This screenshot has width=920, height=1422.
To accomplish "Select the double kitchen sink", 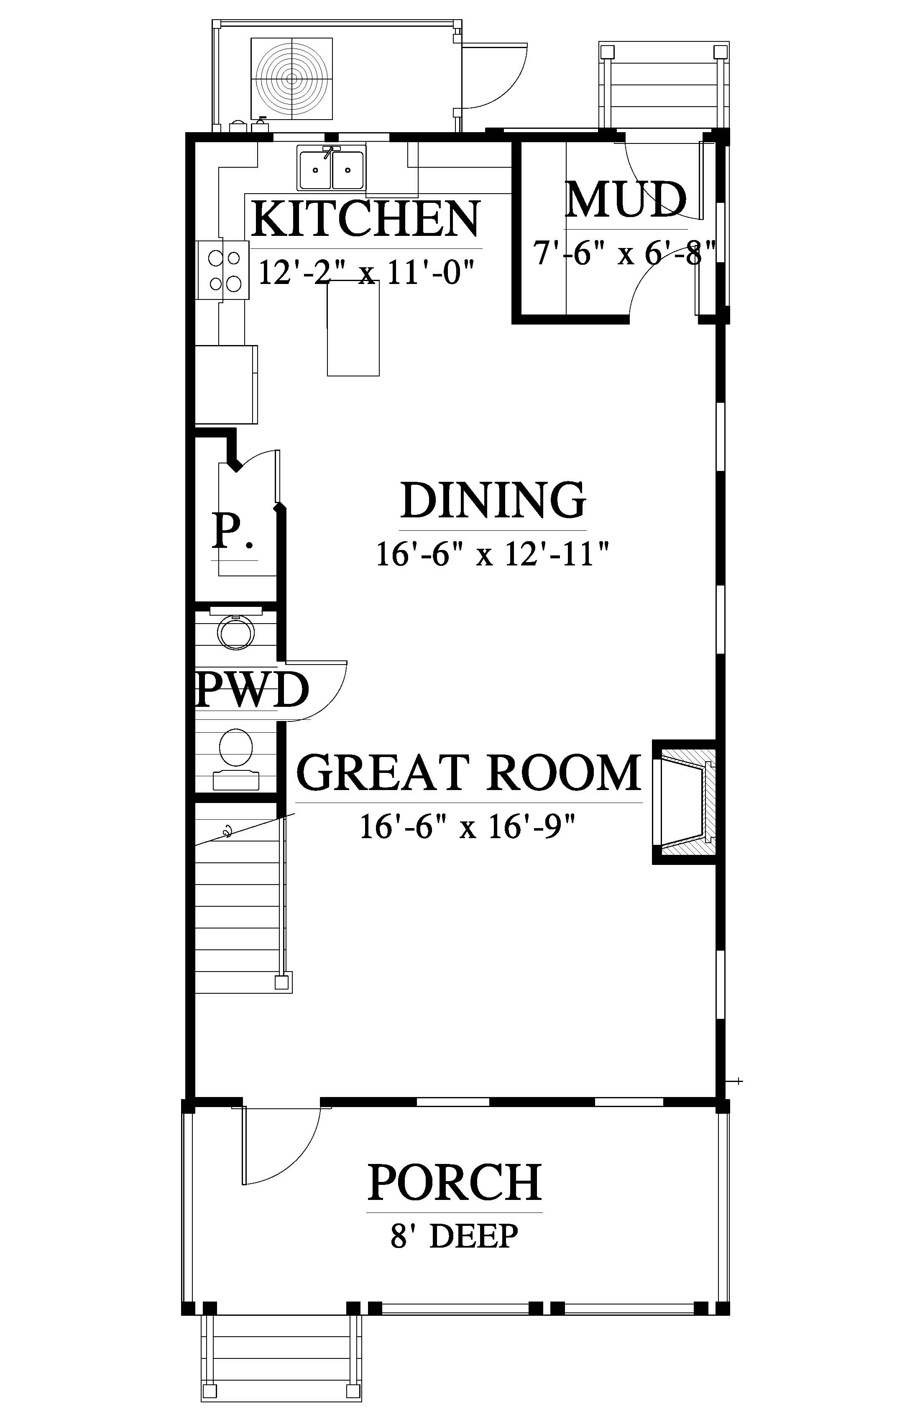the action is point(332,169).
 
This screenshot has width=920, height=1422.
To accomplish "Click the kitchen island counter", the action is point(353,328).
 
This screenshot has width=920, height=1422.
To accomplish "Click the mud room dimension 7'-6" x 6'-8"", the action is point(624,253).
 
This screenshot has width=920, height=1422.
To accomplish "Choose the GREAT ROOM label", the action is point(469,772).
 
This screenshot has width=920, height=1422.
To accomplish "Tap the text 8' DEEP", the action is point(454,1236).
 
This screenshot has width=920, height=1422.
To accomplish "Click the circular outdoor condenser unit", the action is point(291,78).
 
